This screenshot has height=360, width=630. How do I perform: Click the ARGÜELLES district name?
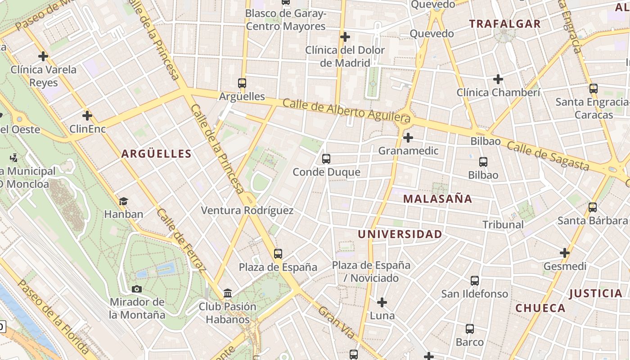click(x=157, y=154)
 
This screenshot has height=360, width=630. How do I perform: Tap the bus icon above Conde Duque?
click(x=326, y=159)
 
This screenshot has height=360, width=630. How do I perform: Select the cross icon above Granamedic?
click(x=408, y=137)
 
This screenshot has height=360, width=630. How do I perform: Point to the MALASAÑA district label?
click(x=437, y=199)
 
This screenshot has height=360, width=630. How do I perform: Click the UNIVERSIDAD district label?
click(x=400, y=234)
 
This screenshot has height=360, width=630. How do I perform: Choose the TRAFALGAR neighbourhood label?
click(x=505, y=24)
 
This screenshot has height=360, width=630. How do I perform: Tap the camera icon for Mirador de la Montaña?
click(x=137, y=289)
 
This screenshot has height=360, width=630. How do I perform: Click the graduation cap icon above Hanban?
click(x=123, y=201)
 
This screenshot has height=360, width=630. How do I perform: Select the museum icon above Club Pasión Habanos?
click(x=228, y=293)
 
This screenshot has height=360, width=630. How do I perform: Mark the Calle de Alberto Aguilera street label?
click(x=346, y=110)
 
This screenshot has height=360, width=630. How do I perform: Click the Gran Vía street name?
click(x=336, y=323)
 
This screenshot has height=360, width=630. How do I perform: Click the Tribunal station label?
click(x=503, y=225)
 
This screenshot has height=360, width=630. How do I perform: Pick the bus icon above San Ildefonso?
click(x=475, y=281)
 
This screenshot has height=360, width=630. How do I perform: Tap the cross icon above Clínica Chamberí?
click(x=498, y=79)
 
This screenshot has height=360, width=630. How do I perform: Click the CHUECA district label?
click(x=540, y=308)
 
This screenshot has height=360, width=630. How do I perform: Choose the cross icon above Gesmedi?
click(x=565, y=253)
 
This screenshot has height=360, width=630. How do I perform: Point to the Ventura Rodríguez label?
click(x=247, y=211)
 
